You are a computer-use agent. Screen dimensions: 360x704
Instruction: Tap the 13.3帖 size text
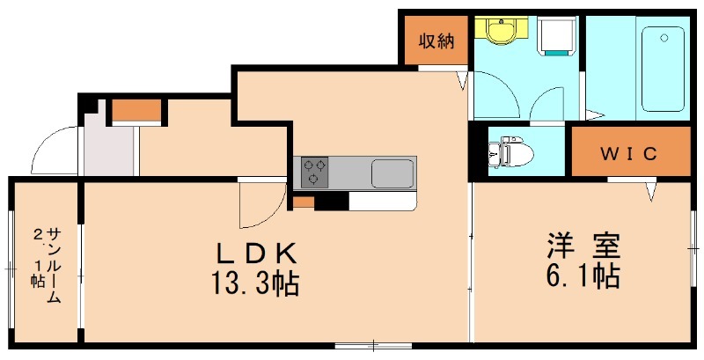tap(254, 284)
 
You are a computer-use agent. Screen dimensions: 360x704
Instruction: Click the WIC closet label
tap(628, 154)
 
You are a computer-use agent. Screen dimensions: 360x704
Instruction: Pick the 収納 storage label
tap(436, 40)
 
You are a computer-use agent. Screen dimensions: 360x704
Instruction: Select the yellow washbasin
tap(501, 32)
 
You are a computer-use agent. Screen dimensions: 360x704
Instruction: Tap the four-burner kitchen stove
tap(315, 172)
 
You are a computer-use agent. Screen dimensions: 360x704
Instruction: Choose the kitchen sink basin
tap(392, 173)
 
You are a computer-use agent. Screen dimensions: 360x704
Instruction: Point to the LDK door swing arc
tap(260, 208)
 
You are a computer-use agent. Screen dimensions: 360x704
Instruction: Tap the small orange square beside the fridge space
tap(304, 202)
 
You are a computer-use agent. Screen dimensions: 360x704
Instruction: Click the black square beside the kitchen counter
tap(331, 202)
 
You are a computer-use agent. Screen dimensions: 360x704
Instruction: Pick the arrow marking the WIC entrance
tap(651, 189)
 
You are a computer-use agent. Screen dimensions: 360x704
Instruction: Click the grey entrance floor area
tap(109, 151)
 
